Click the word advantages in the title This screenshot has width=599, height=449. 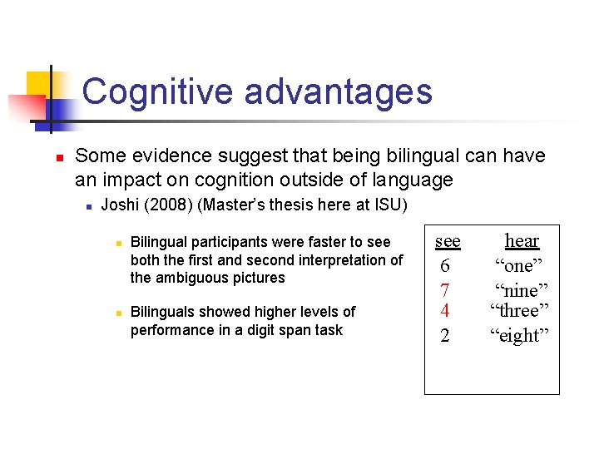(x=338, y=91)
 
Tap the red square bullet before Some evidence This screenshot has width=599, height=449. (x=49, y=156)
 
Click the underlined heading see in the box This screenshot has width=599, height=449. (x=448, y=241)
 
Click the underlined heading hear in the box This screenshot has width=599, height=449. (x=522, y=241)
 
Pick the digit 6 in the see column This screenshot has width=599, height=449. (x=445, y=266)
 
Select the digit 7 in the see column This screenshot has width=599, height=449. (x=445, y=291)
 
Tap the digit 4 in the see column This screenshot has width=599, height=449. (x=445, y=311)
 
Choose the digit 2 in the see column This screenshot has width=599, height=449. (x=445, y=336)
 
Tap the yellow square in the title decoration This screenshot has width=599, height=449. (x=39, y=84)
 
